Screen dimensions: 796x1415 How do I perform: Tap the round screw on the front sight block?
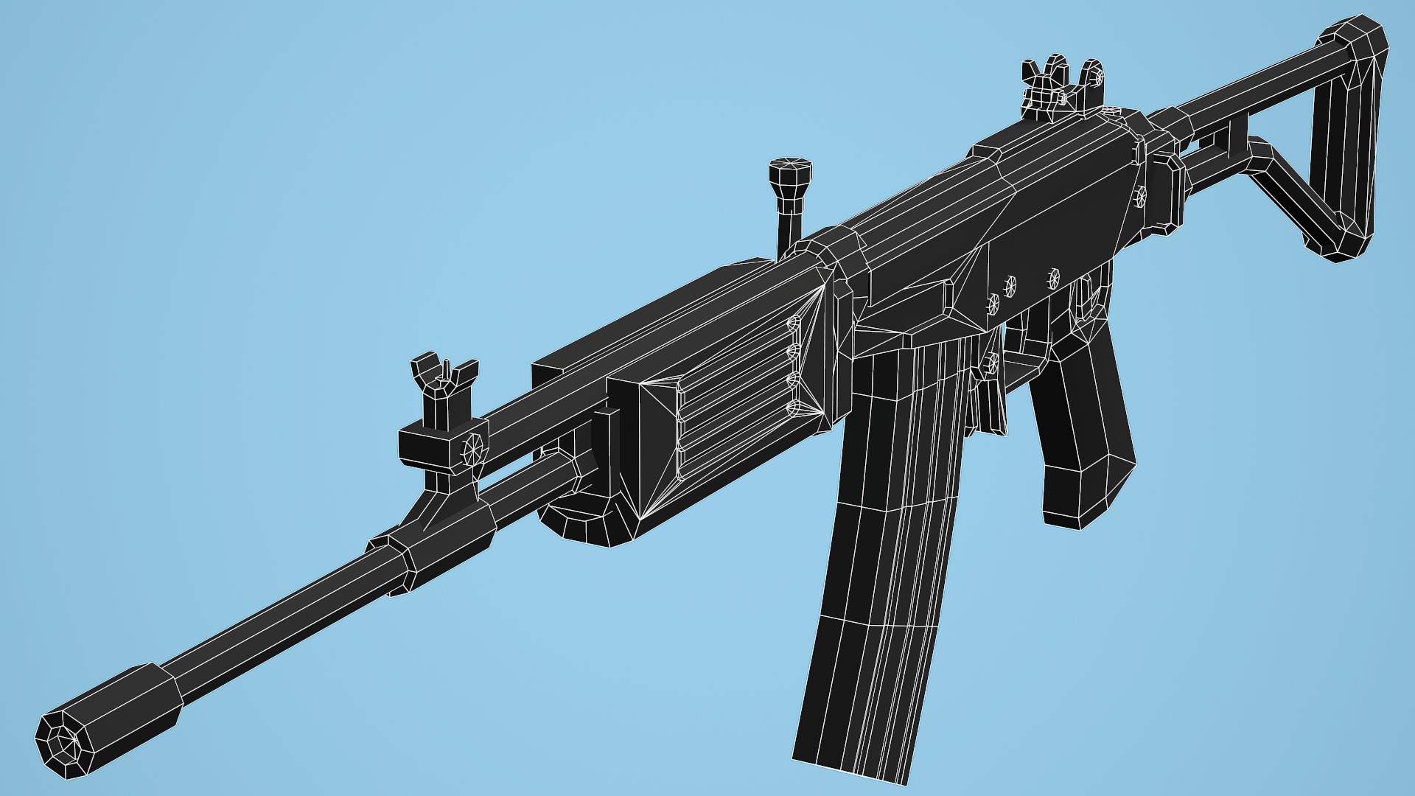coord(472,447)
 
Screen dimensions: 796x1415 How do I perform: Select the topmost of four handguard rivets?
coord(794,324)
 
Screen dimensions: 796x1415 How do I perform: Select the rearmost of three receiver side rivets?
coord(1054,278)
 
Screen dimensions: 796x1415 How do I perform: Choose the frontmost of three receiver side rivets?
coord(993,304)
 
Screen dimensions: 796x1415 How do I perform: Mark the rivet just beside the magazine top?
coord(991,362)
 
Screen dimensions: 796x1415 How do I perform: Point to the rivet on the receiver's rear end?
coord(1141,196)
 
